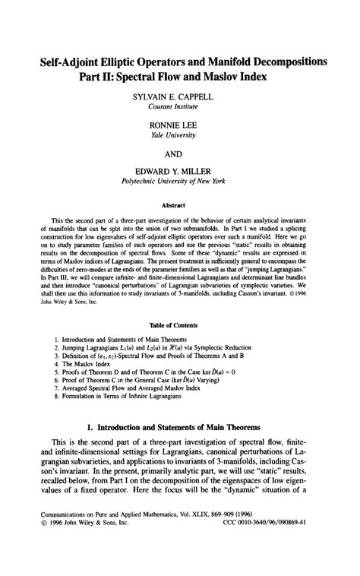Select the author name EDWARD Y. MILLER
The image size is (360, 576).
click(180, 173)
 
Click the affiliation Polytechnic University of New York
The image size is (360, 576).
click(180, 184)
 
